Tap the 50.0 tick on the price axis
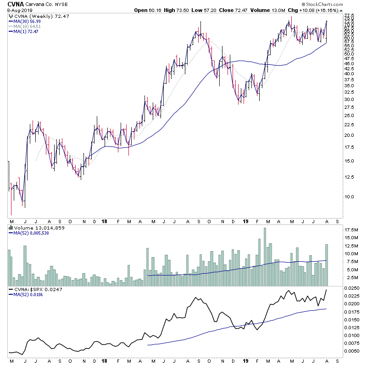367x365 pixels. point(350,54)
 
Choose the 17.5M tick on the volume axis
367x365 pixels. point(351,230)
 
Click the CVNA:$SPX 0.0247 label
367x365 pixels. point(36,290)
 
